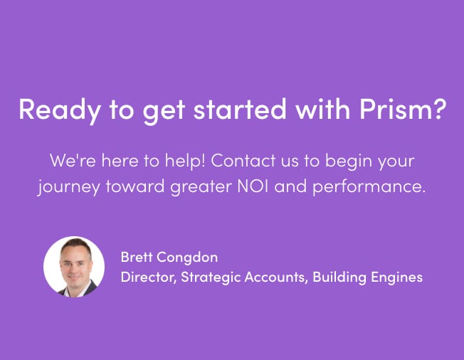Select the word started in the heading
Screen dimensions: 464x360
(240, 109)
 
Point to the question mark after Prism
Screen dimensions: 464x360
(438, 109)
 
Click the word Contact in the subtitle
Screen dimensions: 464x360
(243, 161)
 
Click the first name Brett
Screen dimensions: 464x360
(136, 257)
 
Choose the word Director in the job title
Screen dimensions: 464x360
(147, 277)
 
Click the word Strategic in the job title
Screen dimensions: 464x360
(211, 278)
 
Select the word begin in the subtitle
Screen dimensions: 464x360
(344, 162)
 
